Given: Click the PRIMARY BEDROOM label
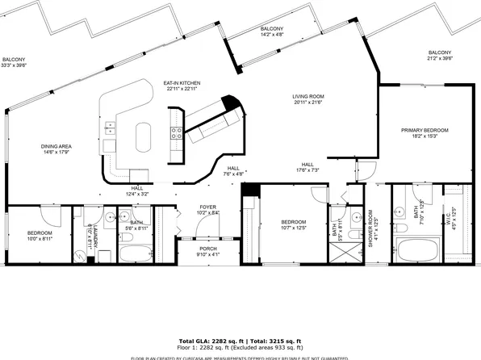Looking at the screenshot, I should tap(425, 129).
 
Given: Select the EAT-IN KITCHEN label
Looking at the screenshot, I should tap(182, 82).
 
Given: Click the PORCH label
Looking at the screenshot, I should tap(208, 249).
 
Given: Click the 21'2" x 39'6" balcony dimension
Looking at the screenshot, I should tap(440, 58).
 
